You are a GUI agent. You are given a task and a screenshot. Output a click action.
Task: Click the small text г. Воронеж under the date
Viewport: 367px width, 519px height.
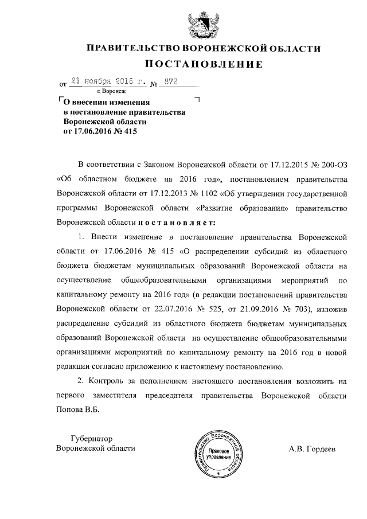pos(112,92)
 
